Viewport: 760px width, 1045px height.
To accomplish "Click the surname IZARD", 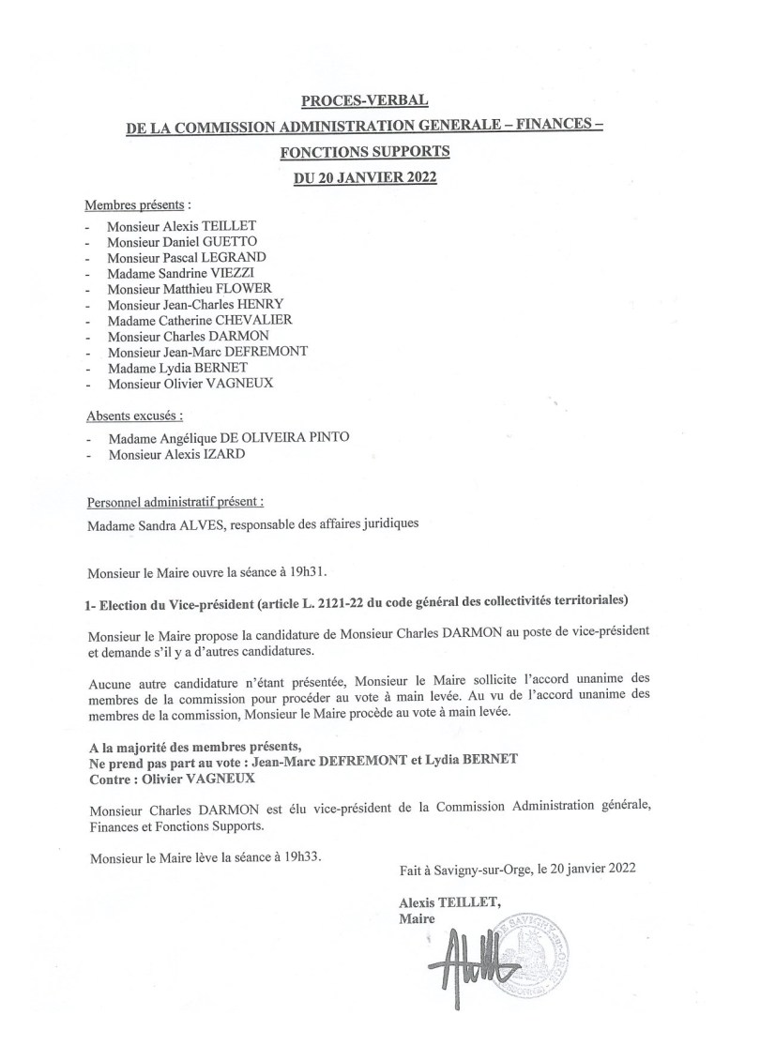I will pyautogui.click(x=231, y=455).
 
